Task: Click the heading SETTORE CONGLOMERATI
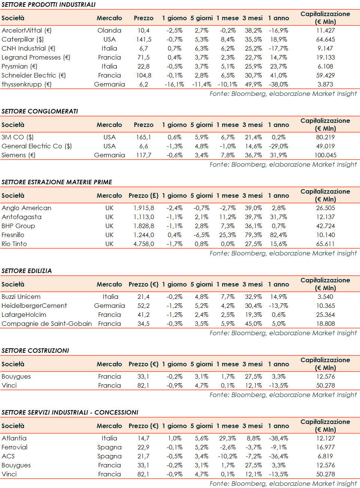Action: point(40,111)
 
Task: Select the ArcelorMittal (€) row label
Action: point(27,30)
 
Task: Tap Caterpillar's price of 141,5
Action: point(144,39)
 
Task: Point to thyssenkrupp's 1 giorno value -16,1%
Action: point(174,84)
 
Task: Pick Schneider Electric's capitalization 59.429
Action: point(325,75)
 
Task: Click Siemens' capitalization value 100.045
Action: point(325,155)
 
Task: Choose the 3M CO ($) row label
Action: point(18,137)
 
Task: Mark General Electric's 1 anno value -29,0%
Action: point(278,146)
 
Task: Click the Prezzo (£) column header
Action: point(143,195)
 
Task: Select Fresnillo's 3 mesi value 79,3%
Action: point(253,235)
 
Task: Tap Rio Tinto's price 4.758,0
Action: point(144,244)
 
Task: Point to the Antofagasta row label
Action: point(21,217)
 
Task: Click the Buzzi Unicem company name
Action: point(21,297)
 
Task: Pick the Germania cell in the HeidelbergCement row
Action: point(109,306)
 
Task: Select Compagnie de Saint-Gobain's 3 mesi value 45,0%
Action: point(253,324)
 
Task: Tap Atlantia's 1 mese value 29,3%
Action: point(227,438)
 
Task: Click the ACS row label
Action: point(8,456)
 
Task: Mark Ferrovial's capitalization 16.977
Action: point(325,447)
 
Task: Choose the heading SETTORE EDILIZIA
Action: point(27,271)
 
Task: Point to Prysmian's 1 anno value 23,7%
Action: point(278,66)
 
